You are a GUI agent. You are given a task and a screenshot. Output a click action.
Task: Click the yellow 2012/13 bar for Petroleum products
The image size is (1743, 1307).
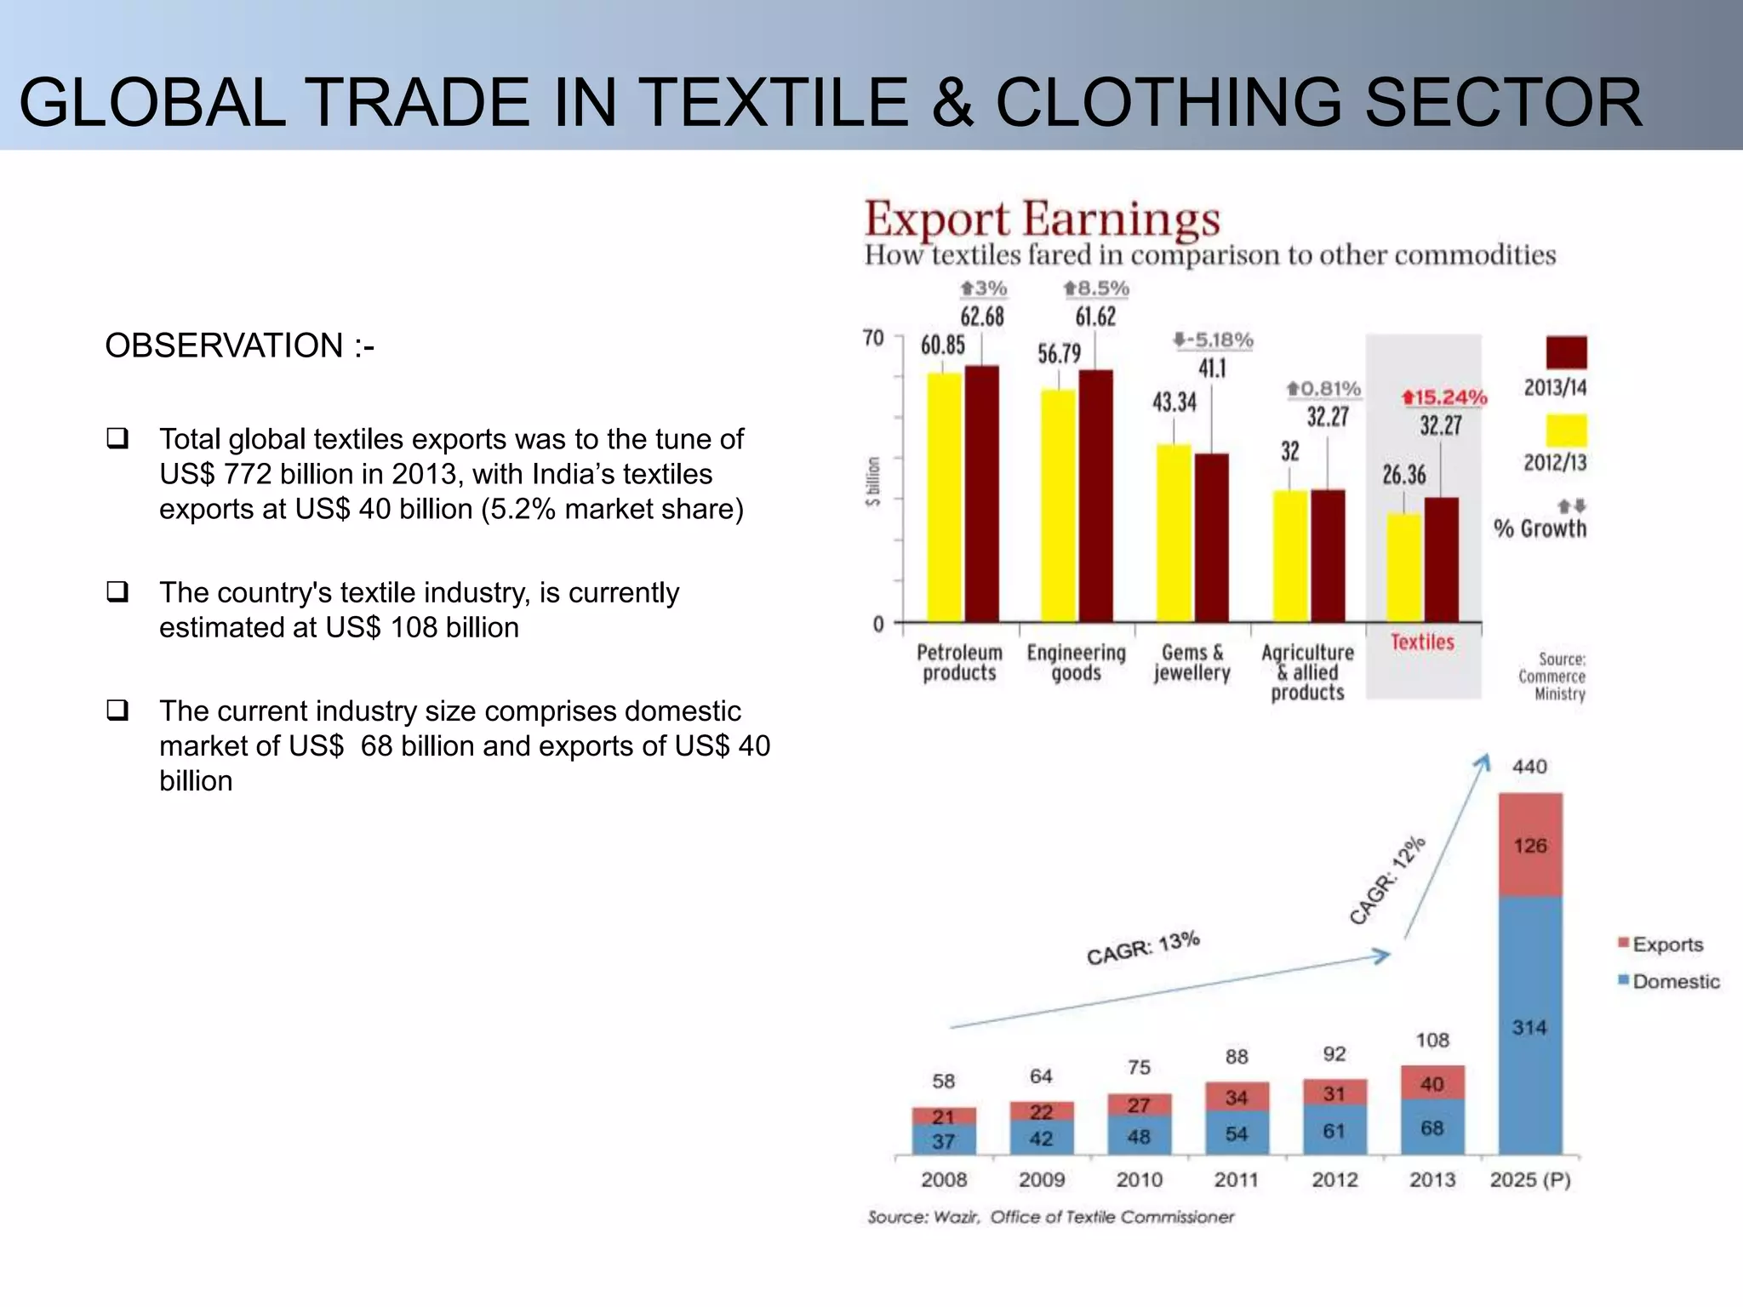tap(945, 498)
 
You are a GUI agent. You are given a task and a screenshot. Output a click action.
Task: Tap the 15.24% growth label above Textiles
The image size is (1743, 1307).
tap(1444, 397)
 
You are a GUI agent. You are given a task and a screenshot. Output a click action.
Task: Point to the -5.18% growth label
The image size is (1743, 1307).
tap(1213, 340)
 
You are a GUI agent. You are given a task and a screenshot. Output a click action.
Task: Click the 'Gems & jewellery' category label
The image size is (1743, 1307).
tap(1192, 663)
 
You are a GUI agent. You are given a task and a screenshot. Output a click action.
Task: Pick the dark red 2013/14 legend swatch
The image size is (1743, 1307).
tap(1566, 352)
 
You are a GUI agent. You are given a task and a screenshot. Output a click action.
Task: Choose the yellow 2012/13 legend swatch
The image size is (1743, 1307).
tap(1566, 431)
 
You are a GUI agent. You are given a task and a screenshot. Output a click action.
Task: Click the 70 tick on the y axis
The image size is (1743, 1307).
tap(873, 338)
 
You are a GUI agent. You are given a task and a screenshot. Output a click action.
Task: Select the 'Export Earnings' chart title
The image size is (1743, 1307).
tap(1043, 219)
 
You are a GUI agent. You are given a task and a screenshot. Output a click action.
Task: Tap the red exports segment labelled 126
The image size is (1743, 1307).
tap(1530, 845)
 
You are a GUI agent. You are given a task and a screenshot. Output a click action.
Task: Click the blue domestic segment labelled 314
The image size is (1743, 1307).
tap(1530, 1026)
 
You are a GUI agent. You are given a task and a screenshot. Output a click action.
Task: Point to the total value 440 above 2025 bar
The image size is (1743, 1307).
tap(1529, 767)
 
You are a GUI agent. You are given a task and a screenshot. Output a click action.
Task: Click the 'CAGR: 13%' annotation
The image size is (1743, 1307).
tap(1143, 948)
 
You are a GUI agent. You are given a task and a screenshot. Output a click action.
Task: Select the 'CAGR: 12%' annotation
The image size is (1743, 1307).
tap(1387, 880)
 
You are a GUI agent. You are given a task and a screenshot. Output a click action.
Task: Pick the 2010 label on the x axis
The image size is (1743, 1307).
tap(1139, 1179)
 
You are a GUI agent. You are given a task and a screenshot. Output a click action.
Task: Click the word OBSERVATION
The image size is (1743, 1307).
tap(224, 345)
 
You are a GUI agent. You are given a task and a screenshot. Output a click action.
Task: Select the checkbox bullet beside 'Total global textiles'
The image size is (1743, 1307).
tap(117, 438)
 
